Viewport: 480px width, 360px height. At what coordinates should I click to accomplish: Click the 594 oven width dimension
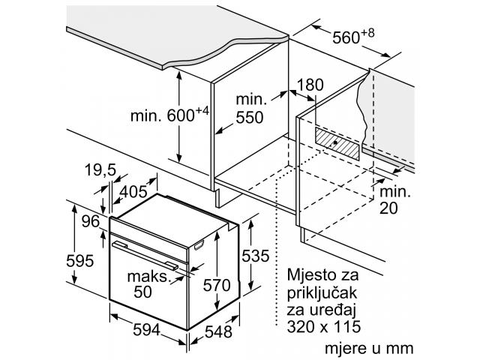pos(147,330)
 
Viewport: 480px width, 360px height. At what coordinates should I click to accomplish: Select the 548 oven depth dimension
pos(218,331)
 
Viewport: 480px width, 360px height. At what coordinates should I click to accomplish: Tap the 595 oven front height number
pos(80,261)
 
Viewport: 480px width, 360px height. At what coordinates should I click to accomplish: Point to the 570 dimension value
pos(217,285)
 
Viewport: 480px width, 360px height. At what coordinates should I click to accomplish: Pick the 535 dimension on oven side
pos(256,256)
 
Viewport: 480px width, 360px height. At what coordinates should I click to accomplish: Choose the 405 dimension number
pos(133,192)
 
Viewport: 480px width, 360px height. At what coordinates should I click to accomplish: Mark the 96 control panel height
pos(91,221)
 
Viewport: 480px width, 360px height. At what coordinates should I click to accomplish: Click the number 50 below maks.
pos(142,292)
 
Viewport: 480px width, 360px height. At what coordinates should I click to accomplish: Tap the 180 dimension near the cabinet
pos(310,85)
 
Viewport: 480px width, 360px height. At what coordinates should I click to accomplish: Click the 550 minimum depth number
pos(250,117)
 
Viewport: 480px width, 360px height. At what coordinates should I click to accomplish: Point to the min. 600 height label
pos(169,115)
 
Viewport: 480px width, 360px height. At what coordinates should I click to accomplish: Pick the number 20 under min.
pos(388,208)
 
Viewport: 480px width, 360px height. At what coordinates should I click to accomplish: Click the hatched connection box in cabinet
pos(337,143)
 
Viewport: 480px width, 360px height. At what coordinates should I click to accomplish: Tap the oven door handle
pos(145,256)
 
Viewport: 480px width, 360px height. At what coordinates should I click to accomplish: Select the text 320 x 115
pos(324,327)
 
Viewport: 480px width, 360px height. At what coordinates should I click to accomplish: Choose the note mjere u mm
pos(369,349)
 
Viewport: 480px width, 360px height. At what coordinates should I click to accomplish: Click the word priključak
pos(322,293)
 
